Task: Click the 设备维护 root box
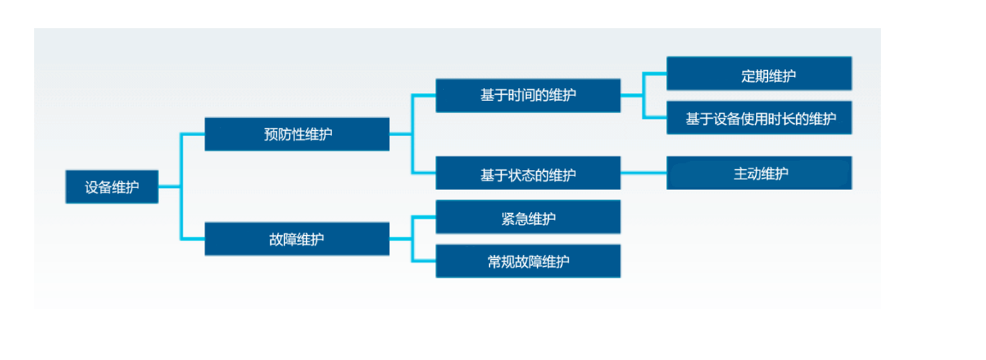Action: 111,186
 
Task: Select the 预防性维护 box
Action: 297,134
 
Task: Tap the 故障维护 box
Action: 297,239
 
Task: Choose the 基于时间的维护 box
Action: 528,95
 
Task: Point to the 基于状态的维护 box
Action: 528,174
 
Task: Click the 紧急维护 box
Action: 528,218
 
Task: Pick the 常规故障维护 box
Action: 528,262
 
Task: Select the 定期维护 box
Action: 759,74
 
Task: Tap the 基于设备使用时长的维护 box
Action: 759,119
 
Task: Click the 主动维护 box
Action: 759,174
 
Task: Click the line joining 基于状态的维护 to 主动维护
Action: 643,174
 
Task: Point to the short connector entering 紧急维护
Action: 424,217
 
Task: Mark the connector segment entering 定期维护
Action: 655,74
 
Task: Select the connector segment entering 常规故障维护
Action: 424,260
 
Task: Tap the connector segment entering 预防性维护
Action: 192,134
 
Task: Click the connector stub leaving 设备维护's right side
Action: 169,186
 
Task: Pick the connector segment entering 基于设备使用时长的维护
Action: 655,118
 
